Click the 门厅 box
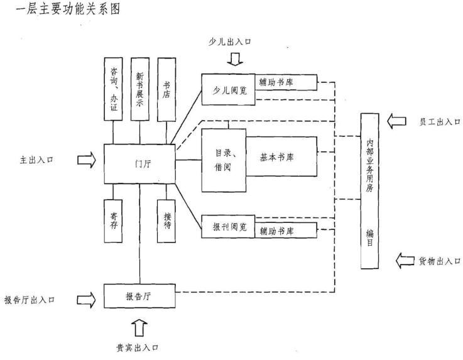(139, 164)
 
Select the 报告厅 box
(139, 296)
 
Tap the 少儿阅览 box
(228, 89)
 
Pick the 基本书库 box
(281, 156)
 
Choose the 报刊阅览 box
(228, 227)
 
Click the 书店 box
(166, 89)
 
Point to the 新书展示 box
(140, 89)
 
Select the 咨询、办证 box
(113, 89)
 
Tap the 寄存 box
(113, 221)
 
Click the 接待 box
(166, 221)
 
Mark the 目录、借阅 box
(224, 160)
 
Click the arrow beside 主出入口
(87, 160)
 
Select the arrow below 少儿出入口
(235, 59)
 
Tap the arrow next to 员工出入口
(396, 121)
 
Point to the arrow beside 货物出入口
(405, 261)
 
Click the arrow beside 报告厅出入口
(87, 300)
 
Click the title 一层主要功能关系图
(68, 9)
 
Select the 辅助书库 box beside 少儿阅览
(286, 82)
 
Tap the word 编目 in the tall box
(369, 237)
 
